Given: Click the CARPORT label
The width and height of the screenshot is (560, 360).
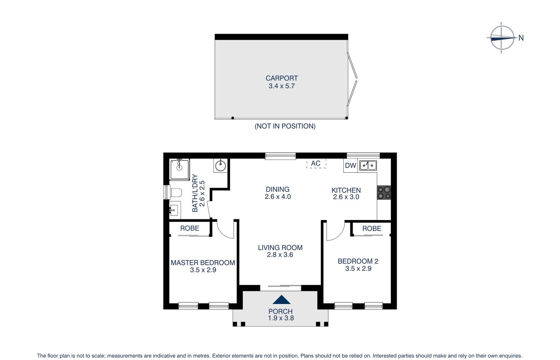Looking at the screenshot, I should [x=281, y=78].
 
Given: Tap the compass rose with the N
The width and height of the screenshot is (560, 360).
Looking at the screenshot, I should [x=502, y=37].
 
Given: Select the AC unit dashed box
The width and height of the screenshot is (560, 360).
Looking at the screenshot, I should [x=316, y=164].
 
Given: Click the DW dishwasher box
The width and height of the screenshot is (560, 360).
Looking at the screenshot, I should [x=350, y=166].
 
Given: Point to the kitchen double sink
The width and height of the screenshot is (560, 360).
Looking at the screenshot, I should [x=368, y=165].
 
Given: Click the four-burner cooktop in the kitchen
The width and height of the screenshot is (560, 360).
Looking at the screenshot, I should [x=384, y=192].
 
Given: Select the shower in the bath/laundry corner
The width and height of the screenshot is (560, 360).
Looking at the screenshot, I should [x=180, y=169].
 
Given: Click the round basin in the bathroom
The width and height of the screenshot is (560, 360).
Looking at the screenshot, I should [x=220, y=166].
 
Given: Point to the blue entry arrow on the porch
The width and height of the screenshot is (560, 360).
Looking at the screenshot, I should [x=281, y=300].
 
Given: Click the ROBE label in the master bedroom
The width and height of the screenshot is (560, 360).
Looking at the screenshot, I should [x=190, y=228].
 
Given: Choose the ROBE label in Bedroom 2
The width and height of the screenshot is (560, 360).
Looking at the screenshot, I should [x=372, y=229].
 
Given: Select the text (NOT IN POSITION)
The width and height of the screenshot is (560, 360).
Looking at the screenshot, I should [x=285, y=126].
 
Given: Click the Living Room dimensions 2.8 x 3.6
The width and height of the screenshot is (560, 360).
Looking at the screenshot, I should [x=280, y=255].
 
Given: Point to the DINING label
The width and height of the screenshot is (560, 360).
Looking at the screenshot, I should [x=278, y=189].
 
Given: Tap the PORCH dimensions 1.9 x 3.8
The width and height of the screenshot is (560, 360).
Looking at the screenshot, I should [x=281, y=318].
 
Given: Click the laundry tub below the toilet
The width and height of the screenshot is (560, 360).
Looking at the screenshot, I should [x=174, y=210].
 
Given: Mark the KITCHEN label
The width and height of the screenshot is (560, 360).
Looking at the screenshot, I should [x=346, y=190].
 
